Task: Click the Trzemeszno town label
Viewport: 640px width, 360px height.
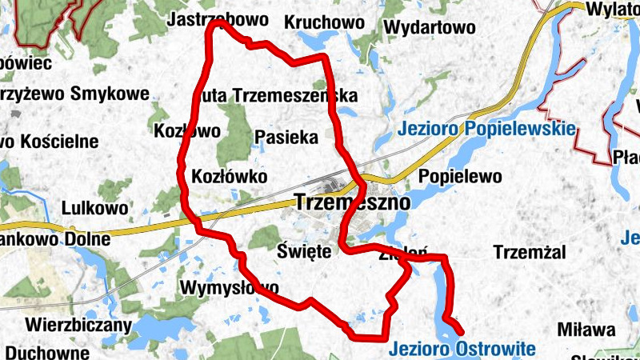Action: click(352, 202)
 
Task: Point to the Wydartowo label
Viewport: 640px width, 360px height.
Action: click(430, 27)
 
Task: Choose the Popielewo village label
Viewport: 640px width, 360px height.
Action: click(460, 176)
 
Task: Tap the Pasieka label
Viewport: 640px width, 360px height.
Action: click(286, 137)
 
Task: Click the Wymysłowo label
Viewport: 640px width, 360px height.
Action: click(230, 287)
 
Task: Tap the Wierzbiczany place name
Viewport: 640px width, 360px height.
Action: click(78, 325)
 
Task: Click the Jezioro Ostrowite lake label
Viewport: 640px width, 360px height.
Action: click(462, 349)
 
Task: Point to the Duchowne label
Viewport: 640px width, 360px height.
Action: click(46, 352)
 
